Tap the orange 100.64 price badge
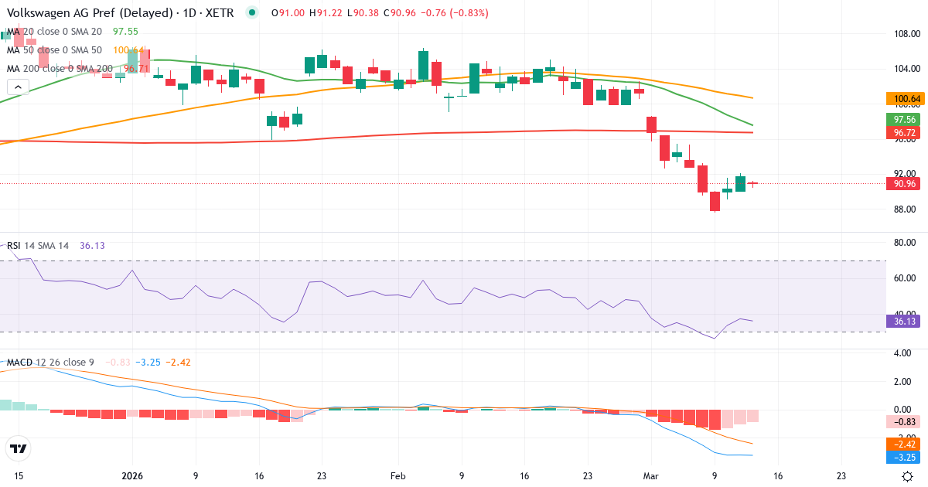pyautogui.click(x=902, y=99)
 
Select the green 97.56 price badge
pyautogui.click(x=902, y=120)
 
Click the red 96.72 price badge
pyautogui.click(x=902, y=133)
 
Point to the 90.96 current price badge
pyautogui.click(x=902, y=184)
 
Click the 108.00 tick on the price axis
pyautogui.click(x=906, y=34)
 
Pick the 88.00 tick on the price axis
pyautogui.click(x=906, y=209)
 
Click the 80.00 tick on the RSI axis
pyautogui.click(x=906, y=243)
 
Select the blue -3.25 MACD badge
pyautogui.click(x=902, y=458)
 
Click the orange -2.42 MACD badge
pyautogui.click(x=902, y=444)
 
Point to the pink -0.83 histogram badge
pyautogui.click(x=902, y=422)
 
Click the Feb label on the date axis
pyautogui.click(x=397, y=477)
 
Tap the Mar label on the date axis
pyautogui.click(x=651, y=477)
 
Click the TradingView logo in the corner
pyautogui.click(x=19, y=448)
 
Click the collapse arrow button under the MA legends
pyautogui.click(x=18, y=87)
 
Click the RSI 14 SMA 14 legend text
pyautogui.click(x=38, y=245)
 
